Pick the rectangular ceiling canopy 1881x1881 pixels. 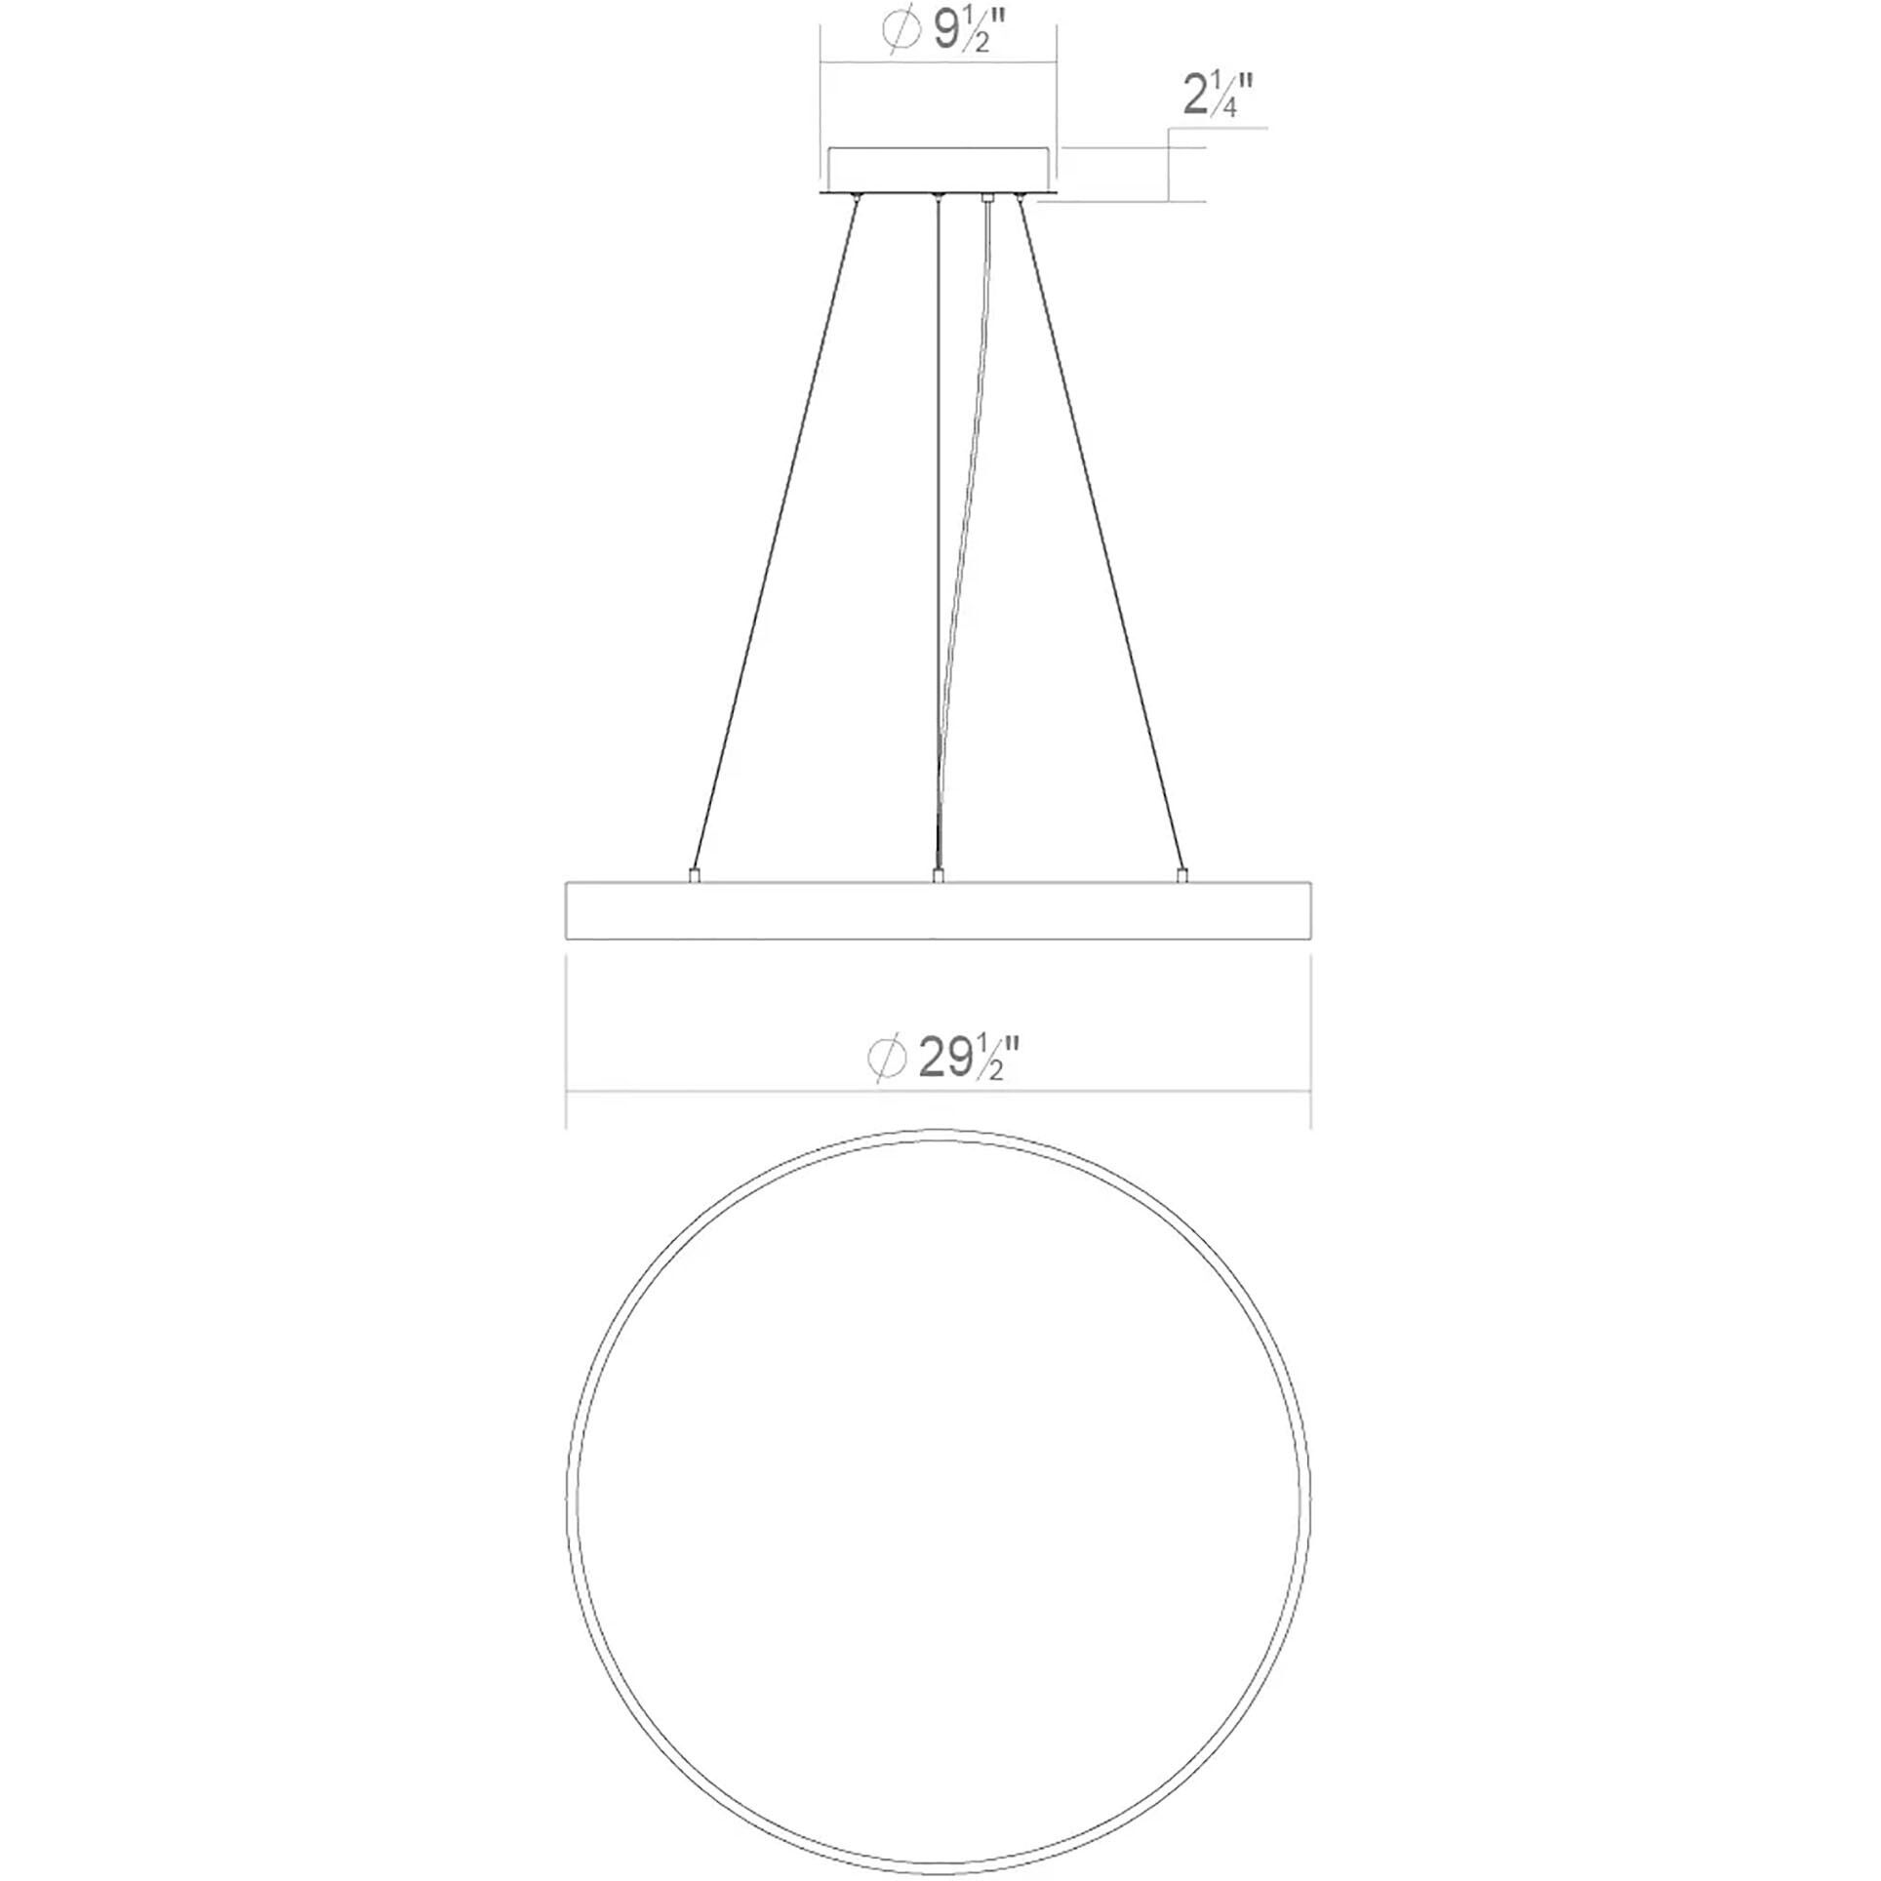pyautogui.click(x=938, y=170)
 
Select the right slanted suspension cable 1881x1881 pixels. pyautogui.click(x=1101, y=535)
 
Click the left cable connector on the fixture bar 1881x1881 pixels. pyautogui.click(x=693, y=876)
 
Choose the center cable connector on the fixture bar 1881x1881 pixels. pyautogui.click(x=938, y=876)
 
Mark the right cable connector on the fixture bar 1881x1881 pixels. pyautogui.click(x=1182, y=876)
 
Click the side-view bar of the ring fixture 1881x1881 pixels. pyautogui.click(x=938, y=911)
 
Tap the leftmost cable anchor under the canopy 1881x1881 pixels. pyautogui.click(x=856, y=199)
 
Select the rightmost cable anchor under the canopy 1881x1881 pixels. pyautogui.click(x=1021, y=199)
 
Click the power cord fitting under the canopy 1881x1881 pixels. pyautogui.click(x=987, y=198)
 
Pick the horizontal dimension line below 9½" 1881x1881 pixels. pyautogui.click(x=938, y=64)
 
